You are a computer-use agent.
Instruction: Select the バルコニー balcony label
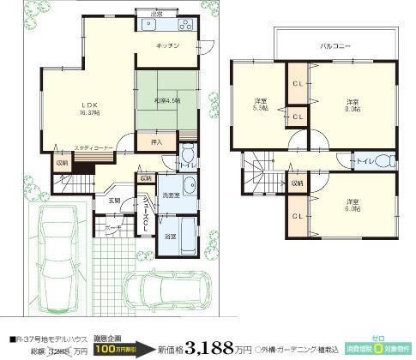coord(335,43)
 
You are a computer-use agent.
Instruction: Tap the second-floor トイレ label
coord(363,161)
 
